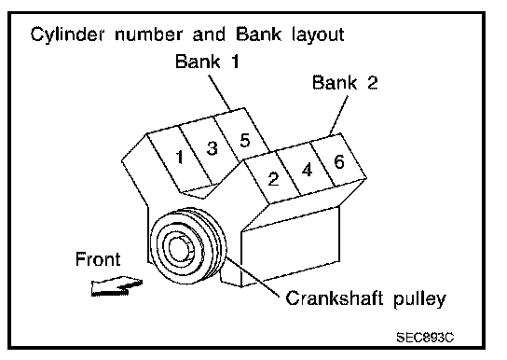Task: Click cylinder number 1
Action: [180, 158]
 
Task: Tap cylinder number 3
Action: [212, 148]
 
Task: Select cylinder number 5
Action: [245, 141]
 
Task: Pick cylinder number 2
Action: [273, 179]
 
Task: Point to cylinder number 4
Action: [307, 170]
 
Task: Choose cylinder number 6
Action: [339, 161]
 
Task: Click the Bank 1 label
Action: [207, 62]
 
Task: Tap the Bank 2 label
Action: [345, 82]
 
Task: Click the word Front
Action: [98, 259]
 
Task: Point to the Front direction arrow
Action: [116, 286]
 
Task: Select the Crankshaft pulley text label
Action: [365, 298]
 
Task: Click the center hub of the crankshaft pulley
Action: [181, 248]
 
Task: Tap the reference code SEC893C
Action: [425, 338]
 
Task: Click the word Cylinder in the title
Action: [67, 35]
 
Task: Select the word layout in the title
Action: [318, 35]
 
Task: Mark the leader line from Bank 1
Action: [220, 93]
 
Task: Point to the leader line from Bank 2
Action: [339, 116]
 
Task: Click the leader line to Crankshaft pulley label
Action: [253, 276]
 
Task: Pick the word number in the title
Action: [148, 35]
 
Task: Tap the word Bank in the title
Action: [258, 34]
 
